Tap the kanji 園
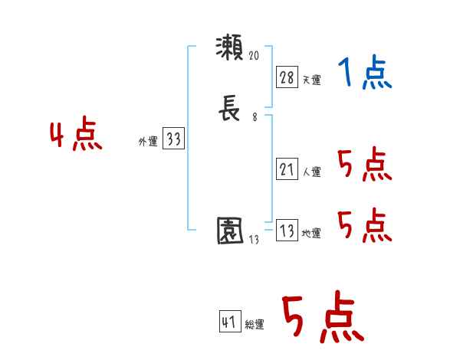(230, 230)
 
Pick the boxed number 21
(286, 169)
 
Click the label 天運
(311, 80)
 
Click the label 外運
(148, 142)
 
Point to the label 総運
(255, 325)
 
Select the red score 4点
(76, 136)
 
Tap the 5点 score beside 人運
(364, 163)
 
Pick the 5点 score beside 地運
(364, 225)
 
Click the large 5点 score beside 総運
(322, 319)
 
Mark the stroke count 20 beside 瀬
(255, 56)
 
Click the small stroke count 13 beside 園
(255, 239)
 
